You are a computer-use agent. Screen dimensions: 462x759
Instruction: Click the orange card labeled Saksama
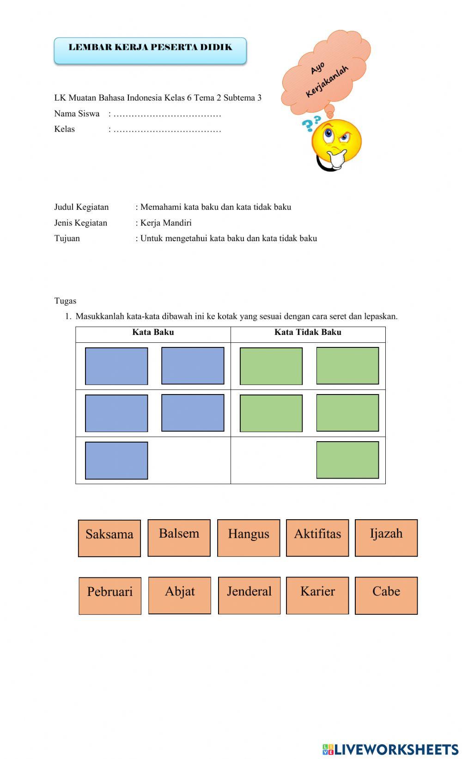tap(109, 538)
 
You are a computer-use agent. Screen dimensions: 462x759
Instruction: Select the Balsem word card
tap(179, 538)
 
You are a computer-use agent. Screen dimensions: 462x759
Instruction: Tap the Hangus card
tap(249, 538)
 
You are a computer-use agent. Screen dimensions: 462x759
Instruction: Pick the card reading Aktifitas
tap(317, 538)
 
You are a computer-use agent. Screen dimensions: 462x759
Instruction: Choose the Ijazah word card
tap(386, 538)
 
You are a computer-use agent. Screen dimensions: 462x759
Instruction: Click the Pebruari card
tap(110, 595)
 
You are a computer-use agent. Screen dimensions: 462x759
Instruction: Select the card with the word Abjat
tap(180, 595)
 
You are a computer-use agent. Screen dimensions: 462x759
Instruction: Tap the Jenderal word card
tap(249, 595)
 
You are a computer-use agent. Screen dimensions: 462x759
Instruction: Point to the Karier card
tap(317, 595)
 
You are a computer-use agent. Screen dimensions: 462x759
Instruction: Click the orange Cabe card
tap(386, 595)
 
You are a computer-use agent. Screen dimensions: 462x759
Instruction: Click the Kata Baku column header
tap(153, 332)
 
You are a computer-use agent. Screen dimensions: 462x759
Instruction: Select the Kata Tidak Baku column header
tap(308, 332)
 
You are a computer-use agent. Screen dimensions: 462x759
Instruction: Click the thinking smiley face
tap(336, 143)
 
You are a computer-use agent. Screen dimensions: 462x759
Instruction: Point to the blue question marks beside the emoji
tap(311, 124)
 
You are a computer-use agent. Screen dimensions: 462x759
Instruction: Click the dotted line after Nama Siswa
tap(167, 114)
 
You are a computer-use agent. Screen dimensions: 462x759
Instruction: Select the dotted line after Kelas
tap(167, 130)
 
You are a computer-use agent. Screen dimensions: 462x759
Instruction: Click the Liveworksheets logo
tap(390, 749)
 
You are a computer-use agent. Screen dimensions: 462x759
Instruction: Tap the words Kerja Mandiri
tap(166, 223)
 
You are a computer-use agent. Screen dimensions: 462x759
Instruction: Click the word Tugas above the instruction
tap(65, 301)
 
